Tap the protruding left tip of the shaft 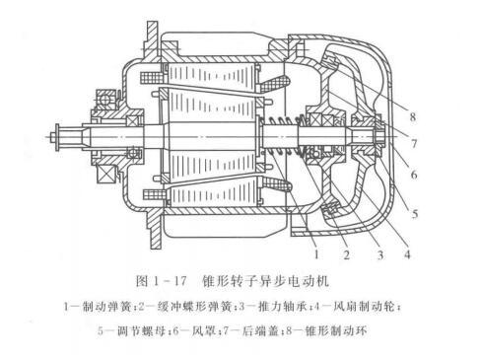pyautogui.click(x=51, y=132)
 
